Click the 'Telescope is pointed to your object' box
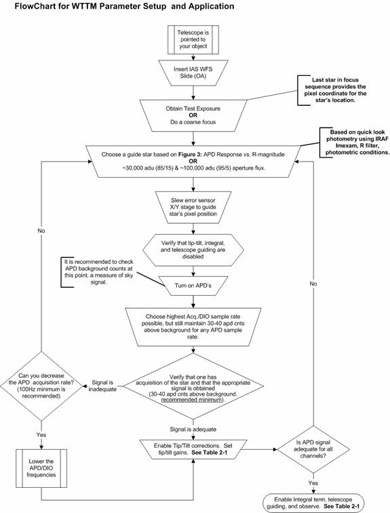193,39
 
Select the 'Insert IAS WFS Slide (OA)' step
193,73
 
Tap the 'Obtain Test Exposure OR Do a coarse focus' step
193,115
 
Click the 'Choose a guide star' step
193,161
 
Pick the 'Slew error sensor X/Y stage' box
193,207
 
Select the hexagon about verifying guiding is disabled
193,250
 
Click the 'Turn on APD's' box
193,286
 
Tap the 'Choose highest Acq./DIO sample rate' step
193,326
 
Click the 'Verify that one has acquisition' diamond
193,386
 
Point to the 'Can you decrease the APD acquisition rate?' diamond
41,386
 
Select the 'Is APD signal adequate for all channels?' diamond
313,449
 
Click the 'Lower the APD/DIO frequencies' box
41,468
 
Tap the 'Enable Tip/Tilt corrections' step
193,449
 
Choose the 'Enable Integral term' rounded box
313,503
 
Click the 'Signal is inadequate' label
102,385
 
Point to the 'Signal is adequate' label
193,430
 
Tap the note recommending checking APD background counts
98,272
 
